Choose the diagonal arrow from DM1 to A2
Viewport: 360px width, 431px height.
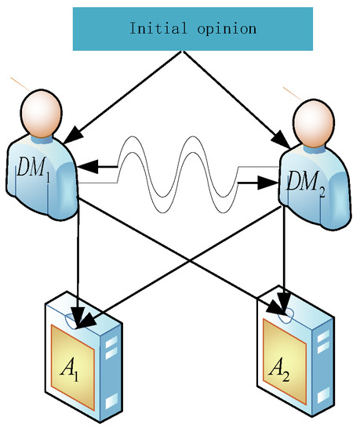point(180,251)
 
